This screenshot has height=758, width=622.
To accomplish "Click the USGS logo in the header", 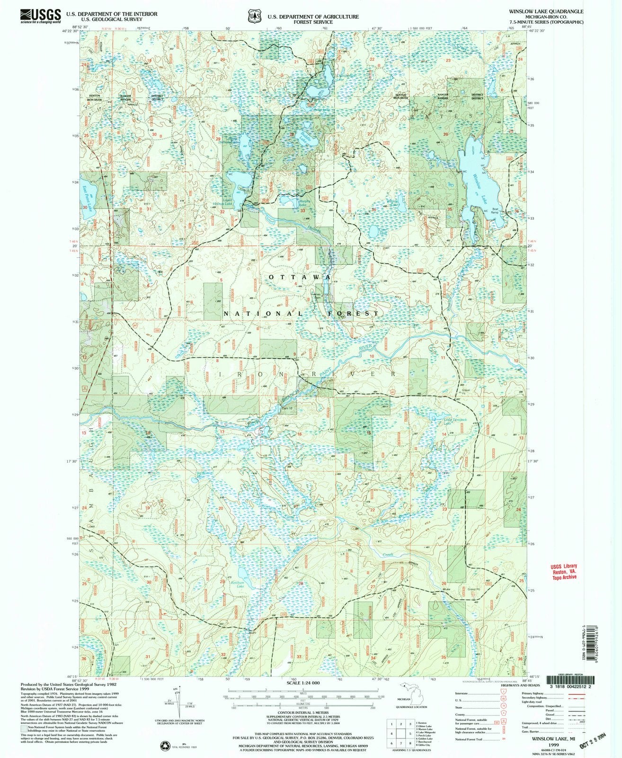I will [x=41, y=16].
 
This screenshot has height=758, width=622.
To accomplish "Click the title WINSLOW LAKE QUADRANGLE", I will [x=552, y=11].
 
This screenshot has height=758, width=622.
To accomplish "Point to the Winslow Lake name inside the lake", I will [x=480, y=187].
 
